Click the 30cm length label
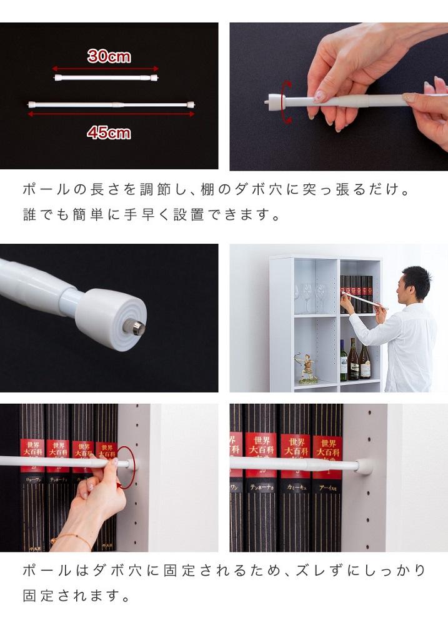click(x=109, y=56)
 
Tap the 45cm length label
click(x=109, y=132)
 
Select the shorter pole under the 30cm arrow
click(x=106, y=78)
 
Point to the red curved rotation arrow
click(x=286, y=101)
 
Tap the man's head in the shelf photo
click(x=415, y=284)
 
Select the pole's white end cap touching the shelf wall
click(x=364, y=466)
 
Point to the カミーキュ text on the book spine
click(x=294, y=487)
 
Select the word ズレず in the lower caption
click(x=304, y=570)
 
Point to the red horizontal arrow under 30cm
click(x=106, y=69)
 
